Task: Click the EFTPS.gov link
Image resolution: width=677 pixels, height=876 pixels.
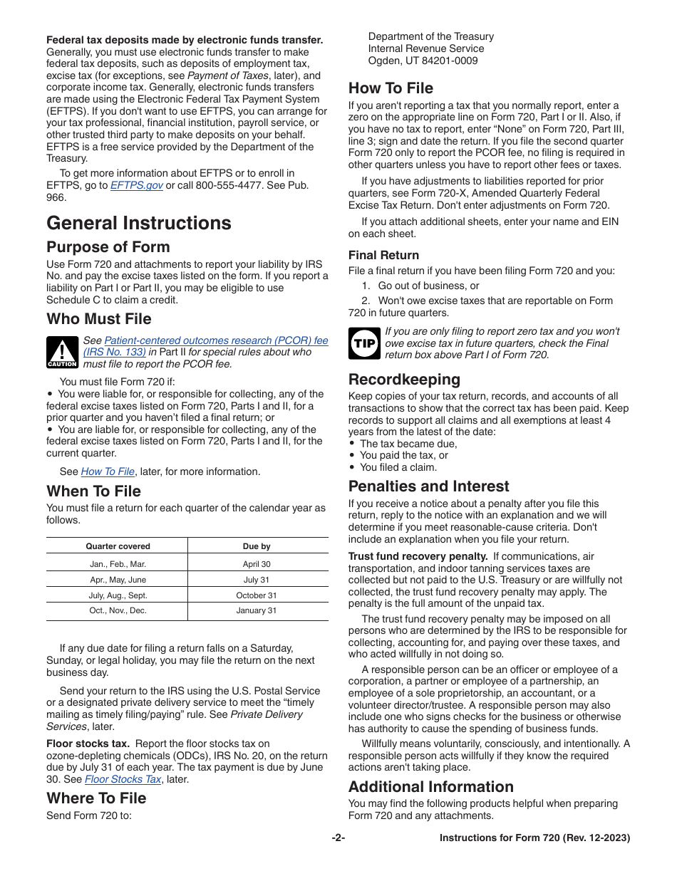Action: click(136, 185)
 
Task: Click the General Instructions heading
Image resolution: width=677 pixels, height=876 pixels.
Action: click(139, 223)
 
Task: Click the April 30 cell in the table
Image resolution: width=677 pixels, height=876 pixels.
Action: click(257, 564)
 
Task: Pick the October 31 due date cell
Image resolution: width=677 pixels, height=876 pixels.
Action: click(257, 595)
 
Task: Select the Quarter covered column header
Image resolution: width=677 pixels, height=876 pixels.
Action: click(118, 546)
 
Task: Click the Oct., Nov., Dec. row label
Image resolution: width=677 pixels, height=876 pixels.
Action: click(118, 611)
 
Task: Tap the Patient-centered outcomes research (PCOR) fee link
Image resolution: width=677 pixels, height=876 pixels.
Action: click(216, 340)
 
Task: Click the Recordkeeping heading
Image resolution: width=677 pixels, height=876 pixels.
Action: click(404, 379)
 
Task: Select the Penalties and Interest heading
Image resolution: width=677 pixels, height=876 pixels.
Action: click(428, 486)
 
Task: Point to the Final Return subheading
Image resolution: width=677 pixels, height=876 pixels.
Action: click(383, 255)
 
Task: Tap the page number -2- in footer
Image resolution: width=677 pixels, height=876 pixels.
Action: click(338, 838)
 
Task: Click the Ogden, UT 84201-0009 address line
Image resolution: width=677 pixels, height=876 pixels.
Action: click(423, 61)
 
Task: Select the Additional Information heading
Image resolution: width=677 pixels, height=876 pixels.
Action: click(430, 787)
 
